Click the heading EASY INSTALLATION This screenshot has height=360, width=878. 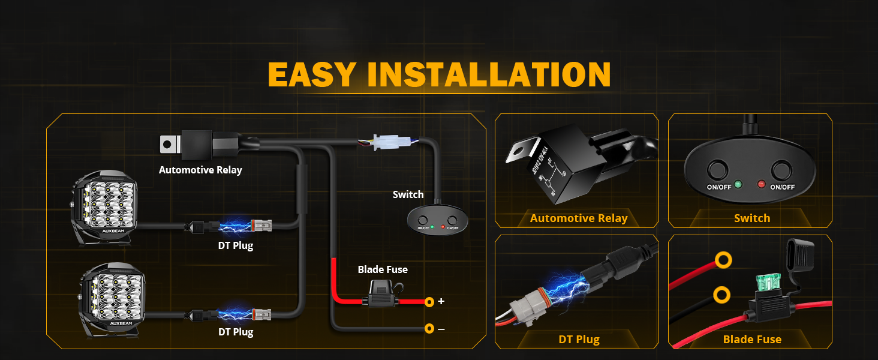[x=439, y=74]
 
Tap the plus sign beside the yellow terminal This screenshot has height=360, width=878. [x=441, y=301]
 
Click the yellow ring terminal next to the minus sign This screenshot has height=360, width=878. [x=429, y=329]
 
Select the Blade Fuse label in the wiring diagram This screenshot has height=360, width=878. [x=383, y=269]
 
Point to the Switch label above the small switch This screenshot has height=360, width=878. [x=408, y=194]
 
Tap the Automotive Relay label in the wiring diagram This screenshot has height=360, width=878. [x=200, y=170]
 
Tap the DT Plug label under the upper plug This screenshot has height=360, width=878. [x=235, y=245]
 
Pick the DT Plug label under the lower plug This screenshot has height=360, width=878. [x=235, y=332]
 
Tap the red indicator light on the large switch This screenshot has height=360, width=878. [x=762, y=184]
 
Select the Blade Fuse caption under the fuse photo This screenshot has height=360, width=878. [x=752, y=339]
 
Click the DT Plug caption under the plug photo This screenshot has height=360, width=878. [x=579, y=339]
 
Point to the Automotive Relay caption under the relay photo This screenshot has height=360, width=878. [x=579, y=218]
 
